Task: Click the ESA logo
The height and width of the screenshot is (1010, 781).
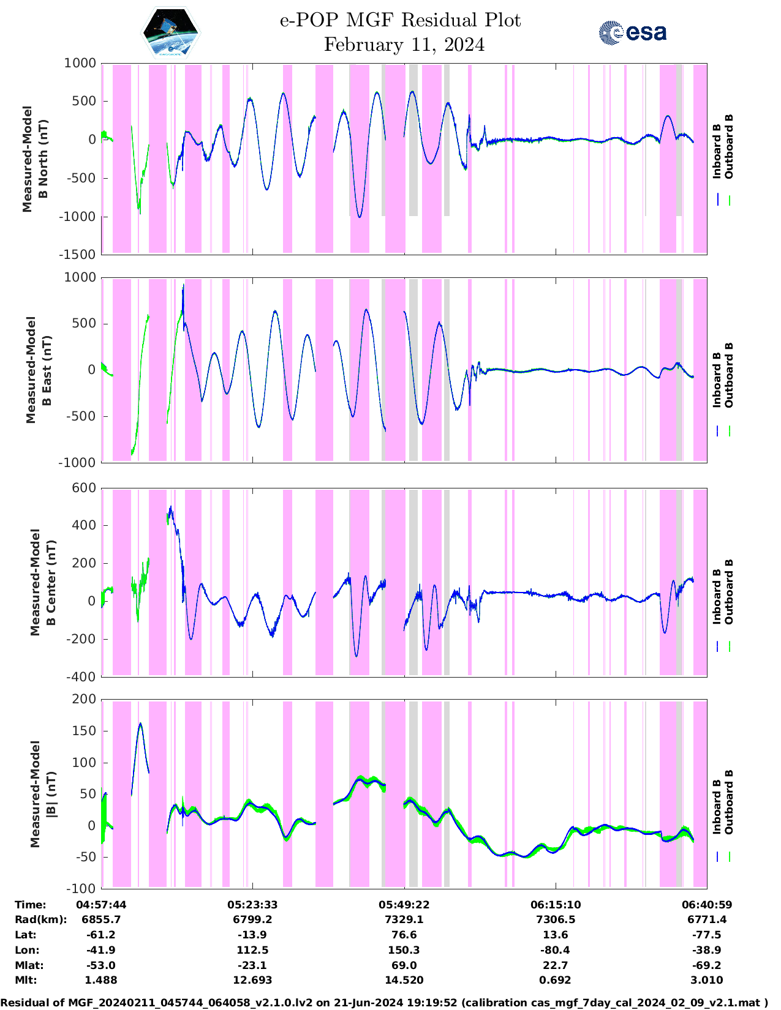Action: pos(632,32)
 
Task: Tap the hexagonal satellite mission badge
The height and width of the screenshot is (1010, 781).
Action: pos(171,32)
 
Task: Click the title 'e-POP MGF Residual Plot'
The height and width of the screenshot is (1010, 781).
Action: pos(400,20)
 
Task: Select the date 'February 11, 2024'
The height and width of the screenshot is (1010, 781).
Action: pos(404,45)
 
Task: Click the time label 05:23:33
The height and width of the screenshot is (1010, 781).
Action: pos(252,905)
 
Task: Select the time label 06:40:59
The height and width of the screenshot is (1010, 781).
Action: pos(707,905)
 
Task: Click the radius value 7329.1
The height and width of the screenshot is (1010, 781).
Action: pos(404,919)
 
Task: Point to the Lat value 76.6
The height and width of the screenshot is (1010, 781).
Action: pos(404,935)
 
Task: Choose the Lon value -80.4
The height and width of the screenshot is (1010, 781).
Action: pos(556,950)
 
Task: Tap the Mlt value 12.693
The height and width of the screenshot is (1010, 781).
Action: pos(252,980)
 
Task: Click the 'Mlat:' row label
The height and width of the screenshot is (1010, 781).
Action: pos(29,965)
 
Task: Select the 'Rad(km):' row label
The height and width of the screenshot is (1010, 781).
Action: pos(40,919)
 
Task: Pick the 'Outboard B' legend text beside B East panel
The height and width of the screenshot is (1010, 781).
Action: pos(729,375)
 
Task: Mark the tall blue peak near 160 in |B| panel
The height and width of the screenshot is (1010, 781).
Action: pos(140,724)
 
